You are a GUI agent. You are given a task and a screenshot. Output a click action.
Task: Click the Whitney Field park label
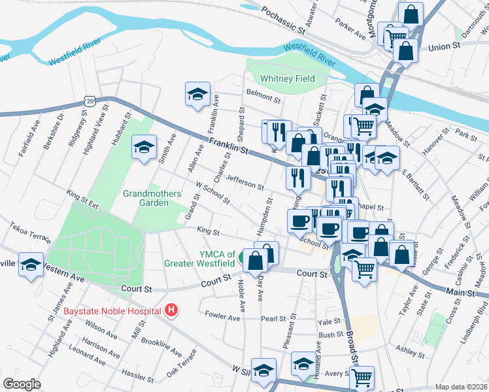(287, 78)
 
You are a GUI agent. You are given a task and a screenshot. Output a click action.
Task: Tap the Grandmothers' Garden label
(146, 198)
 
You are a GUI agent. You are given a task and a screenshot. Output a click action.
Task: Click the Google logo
(22, 384)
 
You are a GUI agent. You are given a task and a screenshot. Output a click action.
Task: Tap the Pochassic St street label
(283, 21)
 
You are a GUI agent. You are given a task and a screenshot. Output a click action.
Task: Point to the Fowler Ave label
(222, 316)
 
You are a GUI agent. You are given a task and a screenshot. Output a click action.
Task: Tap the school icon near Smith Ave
(144, 148)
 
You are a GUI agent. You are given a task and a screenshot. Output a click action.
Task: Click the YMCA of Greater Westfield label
(208, 259)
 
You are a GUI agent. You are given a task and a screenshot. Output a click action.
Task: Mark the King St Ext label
(82, 199)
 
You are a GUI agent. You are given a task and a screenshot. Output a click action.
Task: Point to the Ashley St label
(411, 351)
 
